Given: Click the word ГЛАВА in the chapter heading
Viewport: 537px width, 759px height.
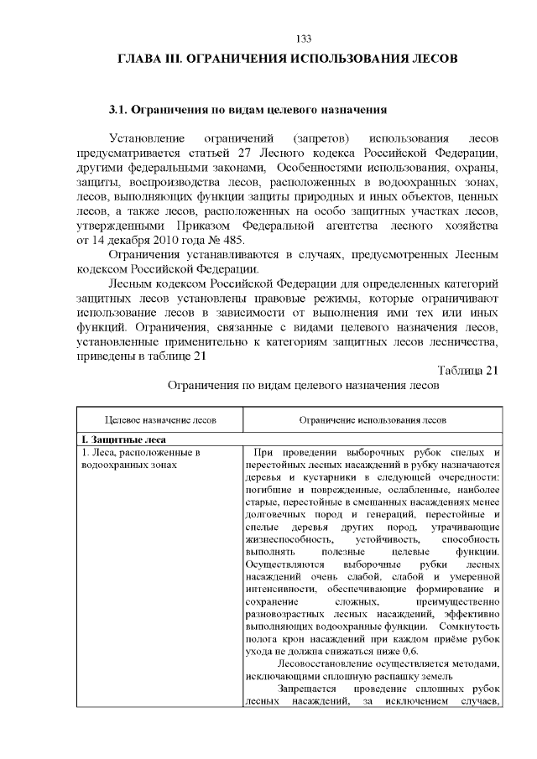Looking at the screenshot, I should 139,60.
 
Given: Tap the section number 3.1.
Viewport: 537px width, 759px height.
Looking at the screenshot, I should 121,110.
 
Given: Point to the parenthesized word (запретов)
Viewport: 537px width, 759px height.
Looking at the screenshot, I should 321,138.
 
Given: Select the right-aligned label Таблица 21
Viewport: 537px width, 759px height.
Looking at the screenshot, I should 468,370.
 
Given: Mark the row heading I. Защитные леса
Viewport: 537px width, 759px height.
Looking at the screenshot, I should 123,439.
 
